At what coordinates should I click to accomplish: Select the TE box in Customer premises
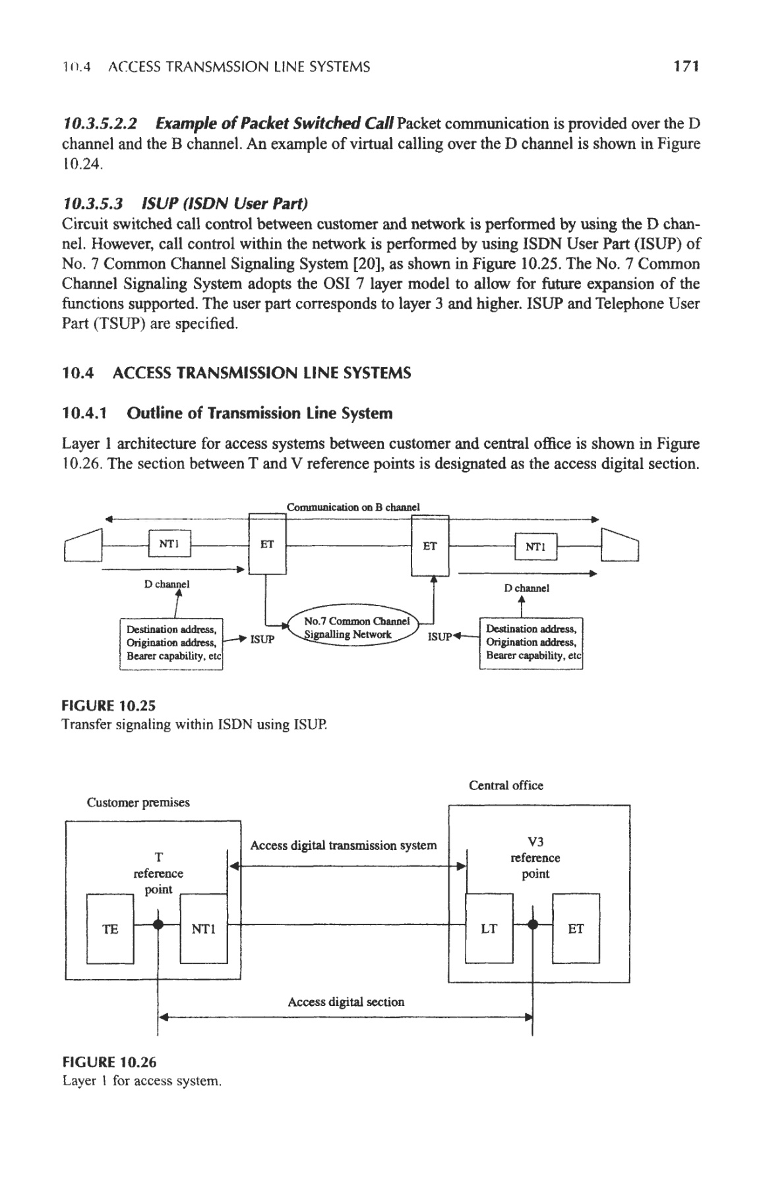111,928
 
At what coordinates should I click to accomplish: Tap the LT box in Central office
489,928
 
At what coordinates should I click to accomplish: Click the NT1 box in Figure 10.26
203,928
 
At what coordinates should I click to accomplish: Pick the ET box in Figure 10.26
576,928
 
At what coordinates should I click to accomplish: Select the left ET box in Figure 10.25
267,545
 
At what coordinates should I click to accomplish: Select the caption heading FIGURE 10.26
109,1062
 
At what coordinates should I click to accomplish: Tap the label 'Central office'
506,785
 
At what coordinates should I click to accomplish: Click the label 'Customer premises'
138,803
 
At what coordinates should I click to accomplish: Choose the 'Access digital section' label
346,1002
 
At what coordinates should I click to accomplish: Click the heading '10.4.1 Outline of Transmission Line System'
227,413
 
